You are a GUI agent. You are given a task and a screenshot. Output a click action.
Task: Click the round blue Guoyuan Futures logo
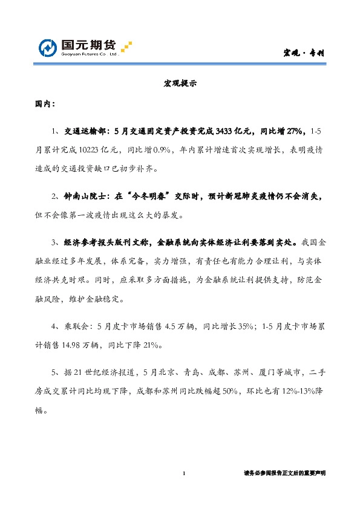tap(48, 47)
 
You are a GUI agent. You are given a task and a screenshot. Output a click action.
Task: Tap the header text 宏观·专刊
tap(304, 53)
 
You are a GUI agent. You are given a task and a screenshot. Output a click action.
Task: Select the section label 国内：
tap(44, 104)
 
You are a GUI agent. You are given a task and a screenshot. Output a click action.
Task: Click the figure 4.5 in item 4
tap(163, 327)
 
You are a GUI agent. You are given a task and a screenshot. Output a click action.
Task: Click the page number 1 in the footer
tap(185, 473)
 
